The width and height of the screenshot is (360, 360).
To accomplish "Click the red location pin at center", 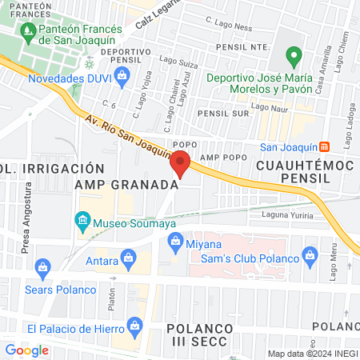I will (x=180, y=164).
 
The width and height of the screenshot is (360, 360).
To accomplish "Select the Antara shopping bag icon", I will (x=127, y=258).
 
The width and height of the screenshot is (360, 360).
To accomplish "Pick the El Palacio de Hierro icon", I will (x=134, y=327).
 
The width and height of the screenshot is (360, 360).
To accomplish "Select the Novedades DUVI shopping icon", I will (x=122, y=78).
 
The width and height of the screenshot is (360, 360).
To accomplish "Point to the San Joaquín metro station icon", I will (x=323, y=146).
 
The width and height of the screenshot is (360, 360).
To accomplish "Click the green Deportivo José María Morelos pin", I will (x=294, y=58).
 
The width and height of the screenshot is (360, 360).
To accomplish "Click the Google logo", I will (x=26, y=350).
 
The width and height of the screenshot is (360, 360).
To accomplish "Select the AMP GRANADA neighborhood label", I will (x=125, y=185).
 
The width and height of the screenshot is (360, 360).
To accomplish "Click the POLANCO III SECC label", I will (x=199, y=334).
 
